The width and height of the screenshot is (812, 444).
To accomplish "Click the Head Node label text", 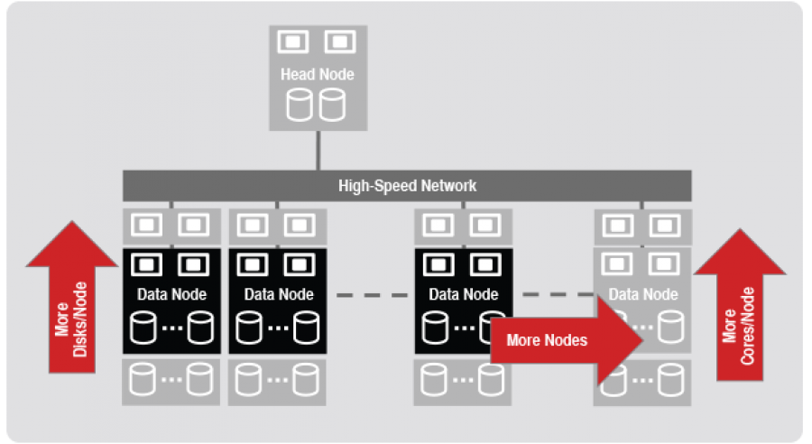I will pos(317,74).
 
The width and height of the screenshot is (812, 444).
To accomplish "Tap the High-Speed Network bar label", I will pos(407,186).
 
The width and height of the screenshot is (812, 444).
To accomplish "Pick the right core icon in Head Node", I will pos(338,42).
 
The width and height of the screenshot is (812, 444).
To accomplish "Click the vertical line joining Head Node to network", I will pos(317,149).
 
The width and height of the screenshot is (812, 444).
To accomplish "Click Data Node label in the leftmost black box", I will pos(171,294).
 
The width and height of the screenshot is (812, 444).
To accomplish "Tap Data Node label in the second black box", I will pos(279,294).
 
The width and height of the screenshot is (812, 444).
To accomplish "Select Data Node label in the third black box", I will pos(463,294).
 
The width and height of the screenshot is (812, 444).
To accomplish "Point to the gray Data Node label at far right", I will pos(642,294).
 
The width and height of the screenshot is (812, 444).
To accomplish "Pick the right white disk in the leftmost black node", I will pos(199,326).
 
